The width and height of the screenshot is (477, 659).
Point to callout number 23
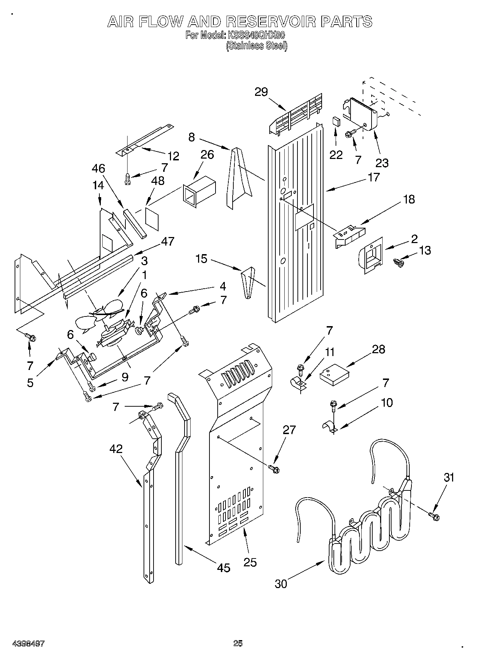(x=382, y=163)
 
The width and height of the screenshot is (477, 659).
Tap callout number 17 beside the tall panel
(x=374, y=177)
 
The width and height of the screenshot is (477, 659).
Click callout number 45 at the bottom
(x=223, y=567)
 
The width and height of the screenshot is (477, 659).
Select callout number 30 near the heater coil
(x=281, y=583)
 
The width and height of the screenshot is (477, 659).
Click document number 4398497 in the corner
(x=28, y=643)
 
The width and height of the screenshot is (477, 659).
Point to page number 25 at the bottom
(x=238, y=643)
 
